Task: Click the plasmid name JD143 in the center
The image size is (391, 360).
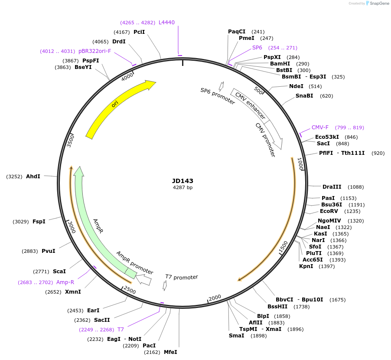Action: pyautogui.click(x=182, y=181)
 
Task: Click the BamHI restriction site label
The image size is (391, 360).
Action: pyautogui.click(x=280, y=64)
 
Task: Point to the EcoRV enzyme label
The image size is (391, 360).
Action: pyautogui.click(x=329, y=211)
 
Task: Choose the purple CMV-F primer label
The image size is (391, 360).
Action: pyautogui.click(x=320, y=128)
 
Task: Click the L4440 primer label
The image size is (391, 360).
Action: pyautogui.click(x=166, y=23)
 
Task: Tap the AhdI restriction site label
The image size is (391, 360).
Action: pyautogui.click(x=33, y=177)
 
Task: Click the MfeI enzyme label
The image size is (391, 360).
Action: pyautogui.click(x=170, y=352)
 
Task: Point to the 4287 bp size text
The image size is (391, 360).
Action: pyautogui.click(x=182, y=188)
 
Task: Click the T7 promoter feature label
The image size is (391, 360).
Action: pyautogui.click(x=182, y=277)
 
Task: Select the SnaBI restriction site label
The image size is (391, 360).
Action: pyautogui.click(x=304, y=96)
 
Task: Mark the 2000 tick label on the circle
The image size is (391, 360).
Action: pyautogui.click(x=215, y=297)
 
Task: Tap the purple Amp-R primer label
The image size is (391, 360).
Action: pyautogui.click(x=65, y=282)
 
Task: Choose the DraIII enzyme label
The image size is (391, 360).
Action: pyautogui.click(x=332, y=187)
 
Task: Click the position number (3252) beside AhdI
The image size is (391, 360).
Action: pyautogui.click(x=15, y=177)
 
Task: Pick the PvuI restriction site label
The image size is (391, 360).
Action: pyautogui.click(x=49, y=251)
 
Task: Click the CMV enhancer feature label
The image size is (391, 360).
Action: pyautogui.click(x=250, y=106)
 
